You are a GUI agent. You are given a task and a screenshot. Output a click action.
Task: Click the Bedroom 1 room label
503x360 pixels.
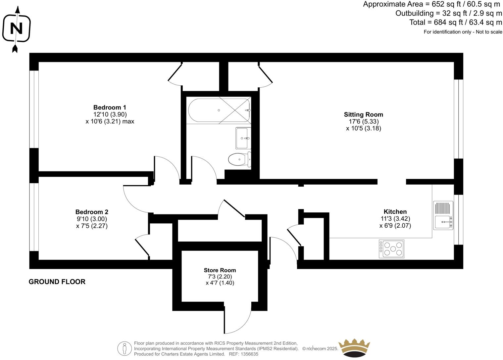110,108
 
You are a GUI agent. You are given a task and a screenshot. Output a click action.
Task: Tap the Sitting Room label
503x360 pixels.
363,114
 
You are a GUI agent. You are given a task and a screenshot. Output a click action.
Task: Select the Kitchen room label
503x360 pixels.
395,212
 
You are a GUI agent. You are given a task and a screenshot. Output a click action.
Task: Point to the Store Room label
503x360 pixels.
220,270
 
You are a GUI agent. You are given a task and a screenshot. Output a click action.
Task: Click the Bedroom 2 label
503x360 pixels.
92,212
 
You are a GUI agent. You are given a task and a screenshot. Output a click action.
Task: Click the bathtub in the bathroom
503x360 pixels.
218,110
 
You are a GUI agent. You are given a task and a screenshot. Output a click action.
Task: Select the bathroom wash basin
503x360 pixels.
243,138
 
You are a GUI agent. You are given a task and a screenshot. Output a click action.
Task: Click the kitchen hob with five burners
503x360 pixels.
391,249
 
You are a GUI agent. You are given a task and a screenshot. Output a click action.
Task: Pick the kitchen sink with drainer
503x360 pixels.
443,216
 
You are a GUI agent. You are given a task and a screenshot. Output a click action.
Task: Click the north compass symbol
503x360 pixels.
16,29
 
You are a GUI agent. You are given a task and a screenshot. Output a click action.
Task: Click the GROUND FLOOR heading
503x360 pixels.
57,282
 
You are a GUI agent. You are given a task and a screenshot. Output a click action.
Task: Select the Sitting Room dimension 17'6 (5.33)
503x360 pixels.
363,121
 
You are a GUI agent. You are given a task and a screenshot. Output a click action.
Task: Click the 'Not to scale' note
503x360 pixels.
489,32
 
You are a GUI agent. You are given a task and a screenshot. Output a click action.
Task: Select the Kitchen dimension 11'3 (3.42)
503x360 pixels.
395,219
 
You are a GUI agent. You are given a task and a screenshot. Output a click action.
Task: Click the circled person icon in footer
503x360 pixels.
125,348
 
